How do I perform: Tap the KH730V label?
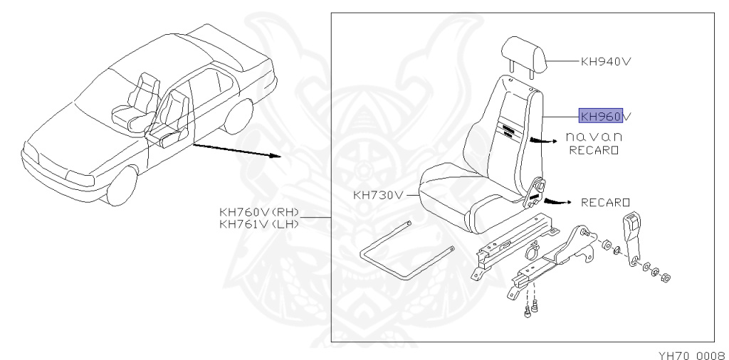(x=378, y=194)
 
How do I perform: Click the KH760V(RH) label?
(x=260, y=211)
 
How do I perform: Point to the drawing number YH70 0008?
(x=690, y=352)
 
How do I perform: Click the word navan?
(x=594, y=137)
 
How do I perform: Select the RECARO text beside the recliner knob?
(x=606, y=202)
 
